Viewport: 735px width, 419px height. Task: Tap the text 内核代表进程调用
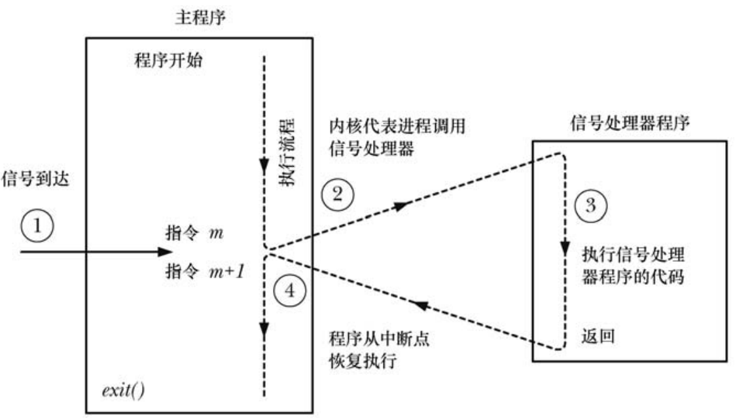point(397,126)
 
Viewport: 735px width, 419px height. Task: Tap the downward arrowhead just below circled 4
point(264,327)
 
